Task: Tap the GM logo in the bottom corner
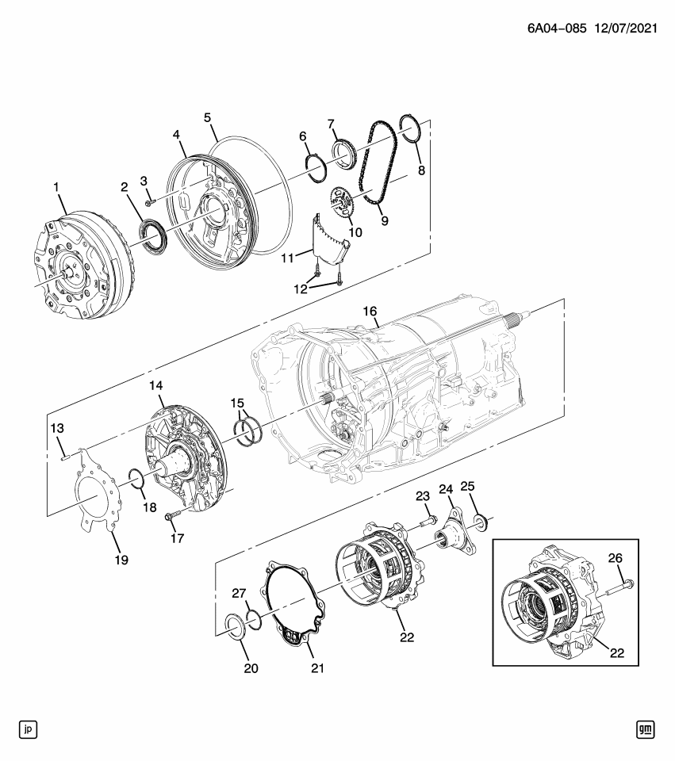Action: [x=646, y=728]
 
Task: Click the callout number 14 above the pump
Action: [x=155, y=385]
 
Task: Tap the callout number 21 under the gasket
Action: [x=317, y=668]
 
